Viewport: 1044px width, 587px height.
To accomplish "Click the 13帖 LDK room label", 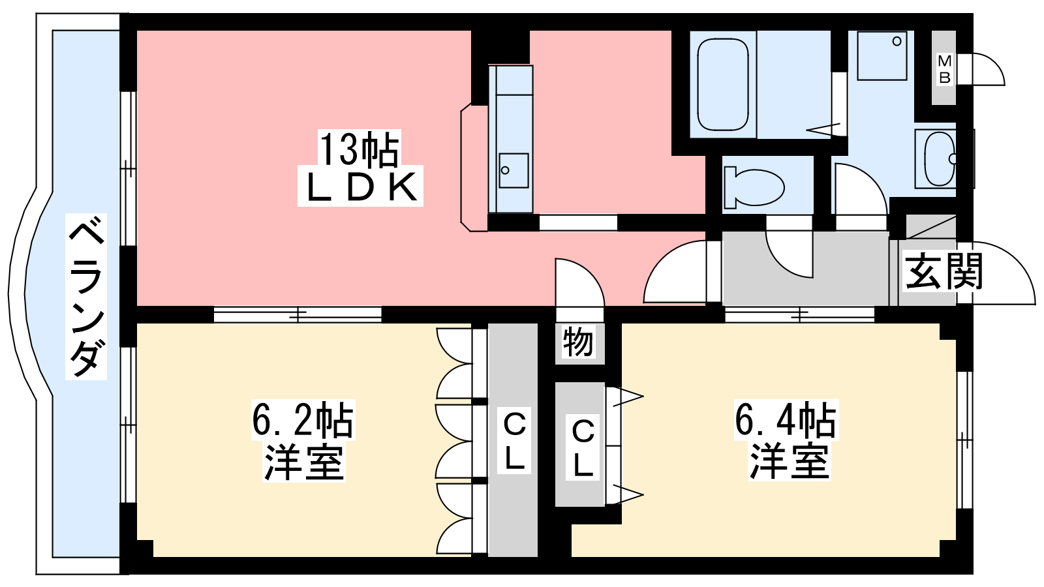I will (x=360, y=168).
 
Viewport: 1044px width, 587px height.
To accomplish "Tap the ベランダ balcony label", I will (x=86, y=297).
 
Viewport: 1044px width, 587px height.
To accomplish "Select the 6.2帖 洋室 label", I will (x=303, y=441).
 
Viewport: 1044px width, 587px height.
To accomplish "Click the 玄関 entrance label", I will (x=944, y=271).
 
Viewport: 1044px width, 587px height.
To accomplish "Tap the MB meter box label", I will (x=944, y=69).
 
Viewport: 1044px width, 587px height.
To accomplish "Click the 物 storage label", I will (x=578, y=342).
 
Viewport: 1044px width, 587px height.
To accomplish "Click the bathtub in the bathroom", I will (x=722, y=85).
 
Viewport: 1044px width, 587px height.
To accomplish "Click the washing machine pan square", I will (x=882, y=55).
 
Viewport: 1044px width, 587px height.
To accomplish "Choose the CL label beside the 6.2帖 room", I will (x=514, y=441).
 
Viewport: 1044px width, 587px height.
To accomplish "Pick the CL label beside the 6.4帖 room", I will (x=583, y=447).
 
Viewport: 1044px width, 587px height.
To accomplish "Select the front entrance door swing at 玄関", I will (x=998, y=274).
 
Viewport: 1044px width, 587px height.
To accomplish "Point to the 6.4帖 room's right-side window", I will (x=964, y=440).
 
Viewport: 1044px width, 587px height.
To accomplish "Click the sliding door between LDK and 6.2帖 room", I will (x=298, y=314).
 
